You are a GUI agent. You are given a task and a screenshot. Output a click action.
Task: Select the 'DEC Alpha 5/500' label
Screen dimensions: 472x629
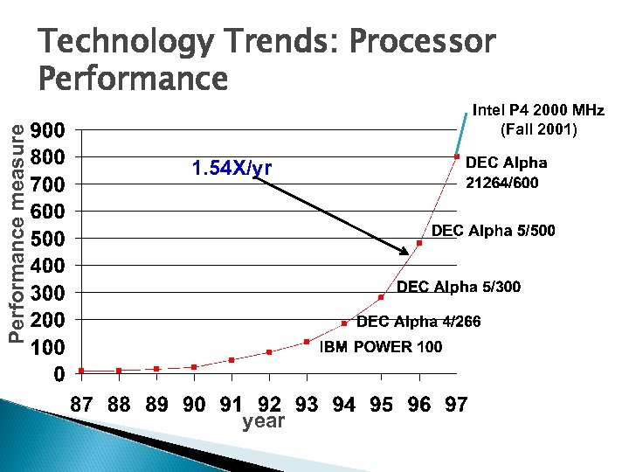tap(494, 231)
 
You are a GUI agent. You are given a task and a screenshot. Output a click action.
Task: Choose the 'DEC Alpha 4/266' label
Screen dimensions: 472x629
tap(418, 322)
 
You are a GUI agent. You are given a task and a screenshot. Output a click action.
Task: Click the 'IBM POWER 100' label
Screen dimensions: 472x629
tap(381, 347)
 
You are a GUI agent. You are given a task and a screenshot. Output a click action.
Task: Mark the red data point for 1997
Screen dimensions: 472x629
tap(457, 156)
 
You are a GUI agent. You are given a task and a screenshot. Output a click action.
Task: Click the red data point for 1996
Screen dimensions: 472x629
tap(419, 243)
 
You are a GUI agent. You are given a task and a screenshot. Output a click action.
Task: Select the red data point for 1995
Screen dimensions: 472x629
tap(381, 297)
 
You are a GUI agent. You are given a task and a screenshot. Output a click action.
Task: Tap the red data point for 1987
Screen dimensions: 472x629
tap(80, 371)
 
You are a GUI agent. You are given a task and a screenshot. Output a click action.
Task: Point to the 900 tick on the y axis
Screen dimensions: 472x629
tap(47, 130)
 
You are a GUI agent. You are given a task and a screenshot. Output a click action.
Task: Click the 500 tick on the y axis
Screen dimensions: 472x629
tap(47, 239)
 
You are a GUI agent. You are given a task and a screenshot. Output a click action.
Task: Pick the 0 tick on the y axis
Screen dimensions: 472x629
tap(58, 374)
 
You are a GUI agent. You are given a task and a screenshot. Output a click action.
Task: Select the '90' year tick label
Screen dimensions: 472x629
tap(194, 405)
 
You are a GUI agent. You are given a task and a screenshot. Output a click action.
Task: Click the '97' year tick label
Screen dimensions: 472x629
tap(456, 405)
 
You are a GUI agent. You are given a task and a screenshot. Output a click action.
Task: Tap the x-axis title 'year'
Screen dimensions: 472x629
tap(263, 421)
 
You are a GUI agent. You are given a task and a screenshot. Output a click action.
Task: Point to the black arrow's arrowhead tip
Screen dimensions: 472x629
tap(409, 254)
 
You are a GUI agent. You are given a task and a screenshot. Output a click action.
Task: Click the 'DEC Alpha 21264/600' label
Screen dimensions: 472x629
tap(507, 172)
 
